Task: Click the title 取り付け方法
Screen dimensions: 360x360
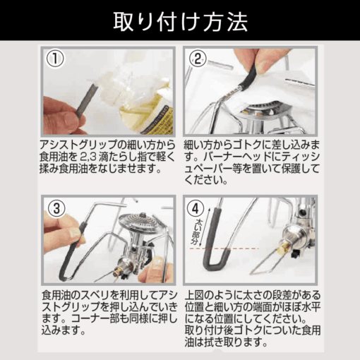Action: (x=180, y=21)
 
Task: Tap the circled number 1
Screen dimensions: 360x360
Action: (x=55, y=59)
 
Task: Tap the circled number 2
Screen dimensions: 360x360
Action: (x=198, y=59)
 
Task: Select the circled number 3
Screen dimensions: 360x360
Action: (x=56, y=208)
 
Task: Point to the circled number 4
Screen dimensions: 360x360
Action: (x=196, y=208)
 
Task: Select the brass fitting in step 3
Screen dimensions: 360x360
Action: (x=117, y=273)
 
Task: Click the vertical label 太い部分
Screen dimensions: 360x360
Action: (x=196, y=232)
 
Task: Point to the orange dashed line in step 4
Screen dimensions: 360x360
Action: (x=224, y=248)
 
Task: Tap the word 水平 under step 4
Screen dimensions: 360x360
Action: (x=311, y=307)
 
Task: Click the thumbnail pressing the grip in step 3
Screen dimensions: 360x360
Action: (x=75, y=233)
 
